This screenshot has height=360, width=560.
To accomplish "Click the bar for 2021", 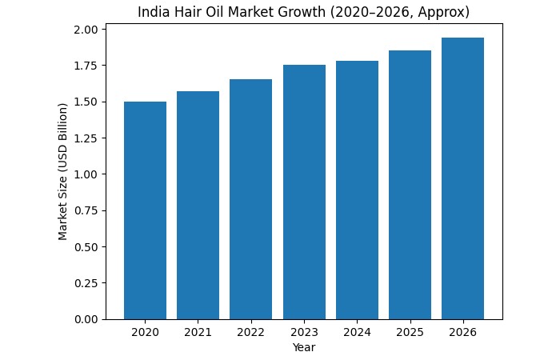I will (x=198, y=205).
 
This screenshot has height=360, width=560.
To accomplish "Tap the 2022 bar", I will (x=250, y=199).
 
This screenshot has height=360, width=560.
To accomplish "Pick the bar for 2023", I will (x=304, y=192).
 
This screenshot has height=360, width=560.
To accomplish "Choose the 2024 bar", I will (x=357, y=190).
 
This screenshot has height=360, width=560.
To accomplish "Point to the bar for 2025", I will (x=410, y=185).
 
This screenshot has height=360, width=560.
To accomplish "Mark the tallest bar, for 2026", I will (x=462, y=178).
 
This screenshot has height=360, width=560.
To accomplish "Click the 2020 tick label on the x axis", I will (x=145, y=332).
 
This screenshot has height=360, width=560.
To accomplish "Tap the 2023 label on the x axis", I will (x=304, y=332).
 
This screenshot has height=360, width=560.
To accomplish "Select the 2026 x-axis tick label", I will (x=462, y=332).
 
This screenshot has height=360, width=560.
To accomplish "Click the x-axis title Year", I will (x=304, y=347).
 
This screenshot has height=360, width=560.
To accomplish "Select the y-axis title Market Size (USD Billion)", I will (x=63, y=171).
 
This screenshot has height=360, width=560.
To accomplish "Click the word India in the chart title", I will (x=152, y=13).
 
